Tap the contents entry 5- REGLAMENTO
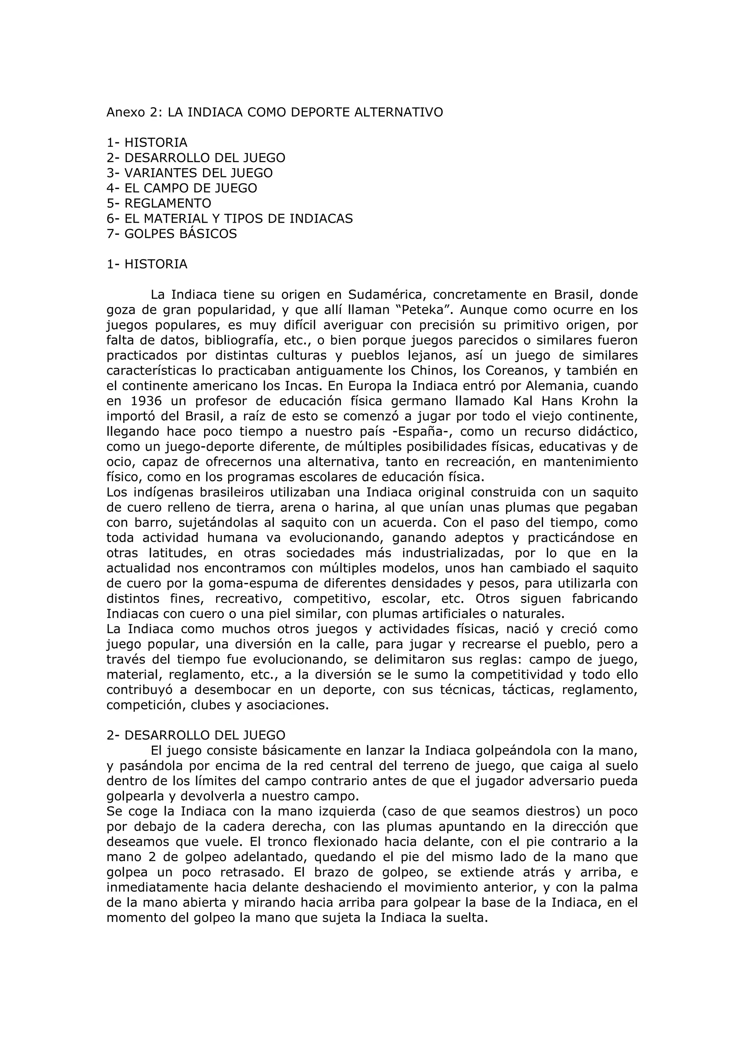[x=159, y=203]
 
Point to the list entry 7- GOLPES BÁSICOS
[x=171, y=234]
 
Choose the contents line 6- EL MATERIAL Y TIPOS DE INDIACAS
[x=230, y=219]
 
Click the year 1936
[x=146, y=401]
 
